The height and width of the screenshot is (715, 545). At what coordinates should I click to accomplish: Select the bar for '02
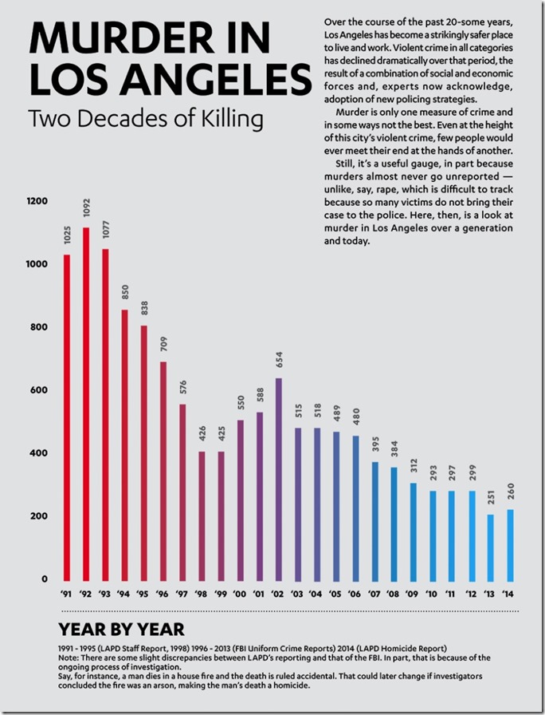pyautogui.click(x=279, y=479)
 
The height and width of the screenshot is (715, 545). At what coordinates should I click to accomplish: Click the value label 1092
pyautogui.click(x=87, y=211)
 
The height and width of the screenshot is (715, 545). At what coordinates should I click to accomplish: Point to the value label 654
pyautogui.click(x=279, y=361)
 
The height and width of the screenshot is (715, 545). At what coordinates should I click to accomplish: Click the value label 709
pyautogui.click(x=163, y=346)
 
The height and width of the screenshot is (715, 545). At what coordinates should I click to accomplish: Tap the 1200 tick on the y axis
pyautogui.click(x=37, y=202)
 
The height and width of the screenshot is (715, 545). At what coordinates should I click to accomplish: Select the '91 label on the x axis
pyautogui.click(x=67, y=594)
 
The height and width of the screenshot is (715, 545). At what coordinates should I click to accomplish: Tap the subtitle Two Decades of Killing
pyautogui.click(x=145, y=119)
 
